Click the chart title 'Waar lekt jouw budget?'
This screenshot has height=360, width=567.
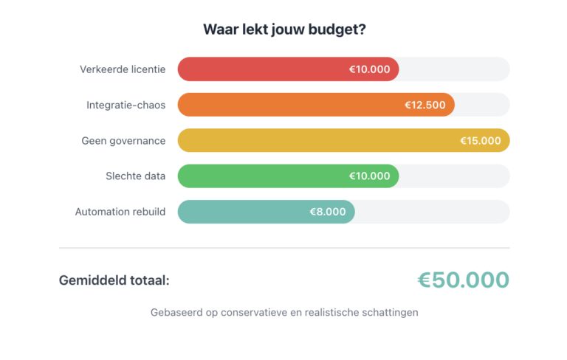(x=284, y=30)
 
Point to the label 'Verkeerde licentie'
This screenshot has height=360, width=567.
(x=123, y=69)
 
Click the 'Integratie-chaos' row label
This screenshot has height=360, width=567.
(x=126, y=105)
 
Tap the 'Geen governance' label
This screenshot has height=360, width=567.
(x=123, y=140)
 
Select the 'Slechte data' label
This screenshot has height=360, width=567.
(x=135, y=176)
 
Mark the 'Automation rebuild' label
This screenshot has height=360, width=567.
(x=120, y=212)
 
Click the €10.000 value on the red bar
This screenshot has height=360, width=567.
(x=369, y=69)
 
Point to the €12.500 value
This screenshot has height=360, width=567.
(x=425, y=105)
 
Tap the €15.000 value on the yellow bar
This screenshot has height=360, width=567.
(x=481, y=140)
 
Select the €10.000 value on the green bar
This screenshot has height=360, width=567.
(x=369, y=176)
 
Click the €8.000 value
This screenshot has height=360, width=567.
(x=328, y=212)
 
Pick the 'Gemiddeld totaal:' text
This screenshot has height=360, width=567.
(x=114, y=280)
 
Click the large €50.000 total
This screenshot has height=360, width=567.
(x=463, y=280)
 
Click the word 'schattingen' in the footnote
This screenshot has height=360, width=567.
(x=390, y=312)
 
